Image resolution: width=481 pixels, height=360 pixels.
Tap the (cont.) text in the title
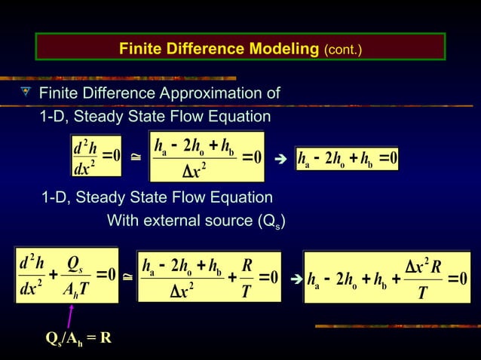[x=343, y=50]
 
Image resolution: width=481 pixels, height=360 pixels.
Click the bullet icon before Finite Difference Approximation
[x=26, y=93]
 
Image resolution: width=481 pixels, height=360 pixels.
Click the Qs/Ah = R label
[x=78, y=337]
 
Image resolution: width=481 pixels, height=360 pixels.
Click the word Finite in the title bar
[x=140, y=50]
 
